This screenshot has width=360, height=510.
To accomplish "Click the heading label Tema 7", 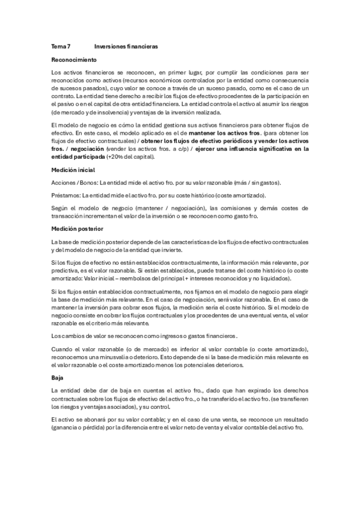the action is tap(61, 46).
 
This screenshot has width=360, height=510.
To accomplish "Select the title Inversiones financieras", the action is tap(126, 46).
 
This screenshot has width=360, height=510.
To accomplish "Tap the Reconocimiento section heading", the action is tap(75, 61).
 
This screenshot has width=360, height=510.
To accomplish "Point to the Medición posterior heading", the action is tap(77, 229).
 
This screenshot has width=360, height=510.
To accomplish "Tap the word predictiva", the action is tap(67, 271).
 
